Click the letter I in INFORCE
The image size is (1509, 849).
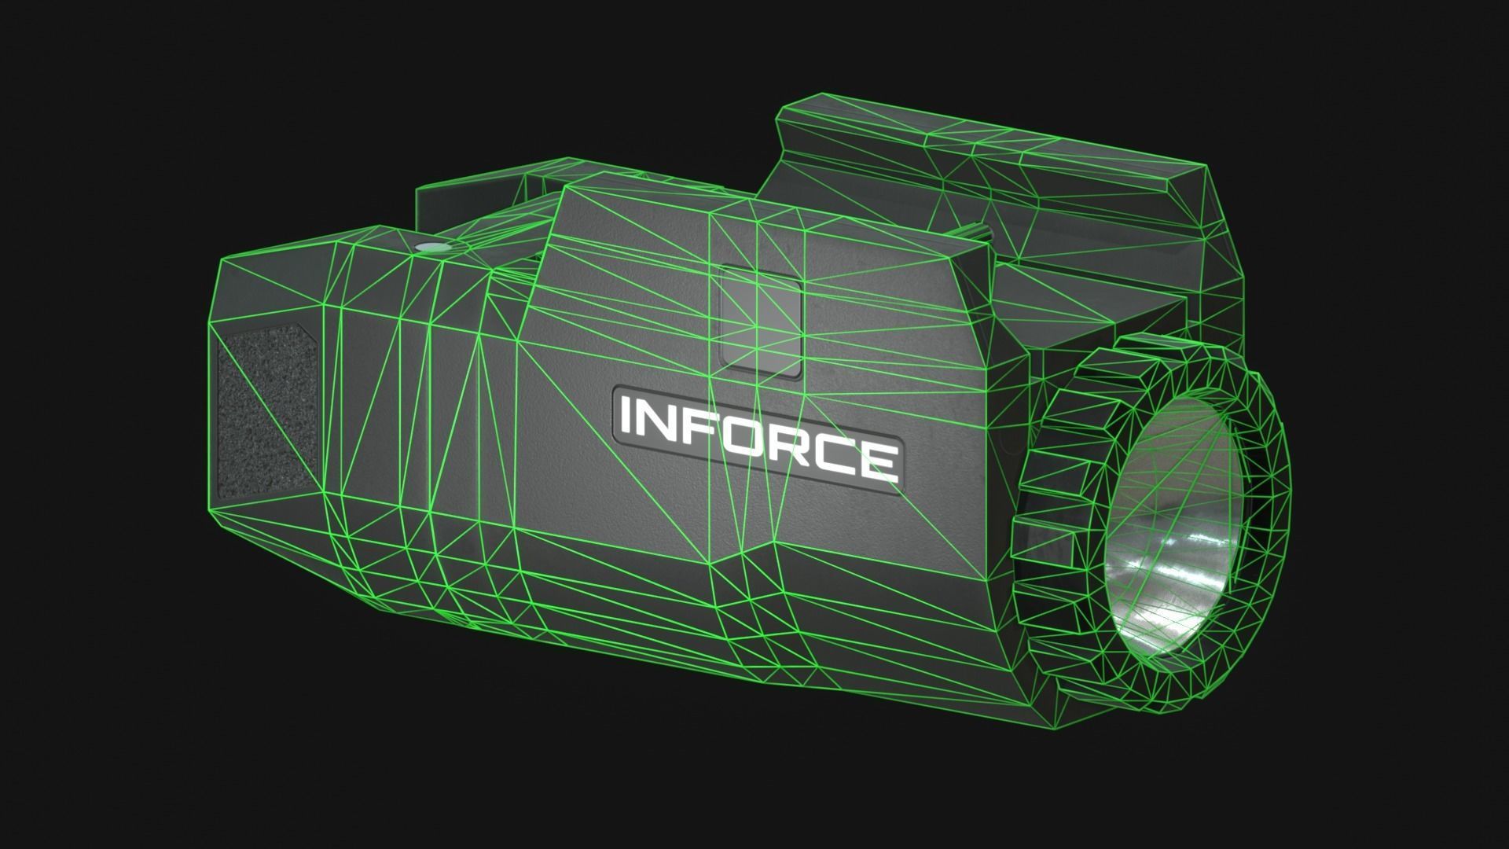[626, 417]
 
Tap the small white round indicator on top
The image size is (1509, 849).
[429, 247]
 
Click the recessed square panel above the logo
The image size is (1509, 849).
[761, 318]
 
